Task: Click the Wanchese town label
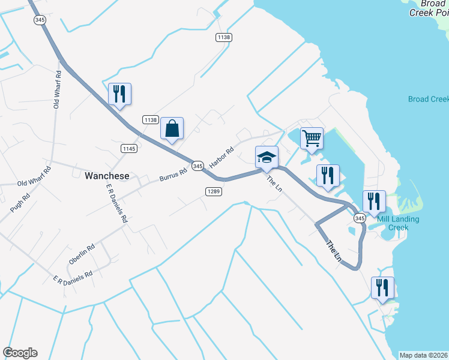coord(107,176)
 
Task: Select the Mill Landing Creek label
coord(398,223)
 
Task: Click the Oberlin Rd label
coord(82,254)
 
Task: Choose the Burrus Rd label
coord(173,175)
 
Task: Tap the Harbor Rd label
coord(220,158)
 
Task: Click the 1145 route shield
coord(129,148)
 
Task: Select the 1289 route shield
coord(214,191)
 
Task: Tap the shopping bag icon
coord(172,128)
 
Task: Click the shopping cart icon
coord(312,139)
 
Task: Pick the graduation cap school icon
coord(267,157)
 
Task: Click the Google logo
coord(20,353)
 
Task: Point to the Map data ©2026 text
coord(423,355)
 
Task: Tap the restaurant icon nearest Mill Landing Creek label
coord(373,202)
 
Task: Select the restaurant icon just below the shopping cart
coord(328,175)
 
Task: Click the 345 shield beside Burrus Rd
coord(197,165)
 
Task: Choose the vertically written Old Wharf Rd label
coord(58,90)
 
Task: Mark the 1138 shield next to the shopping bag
coord(150,120)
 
